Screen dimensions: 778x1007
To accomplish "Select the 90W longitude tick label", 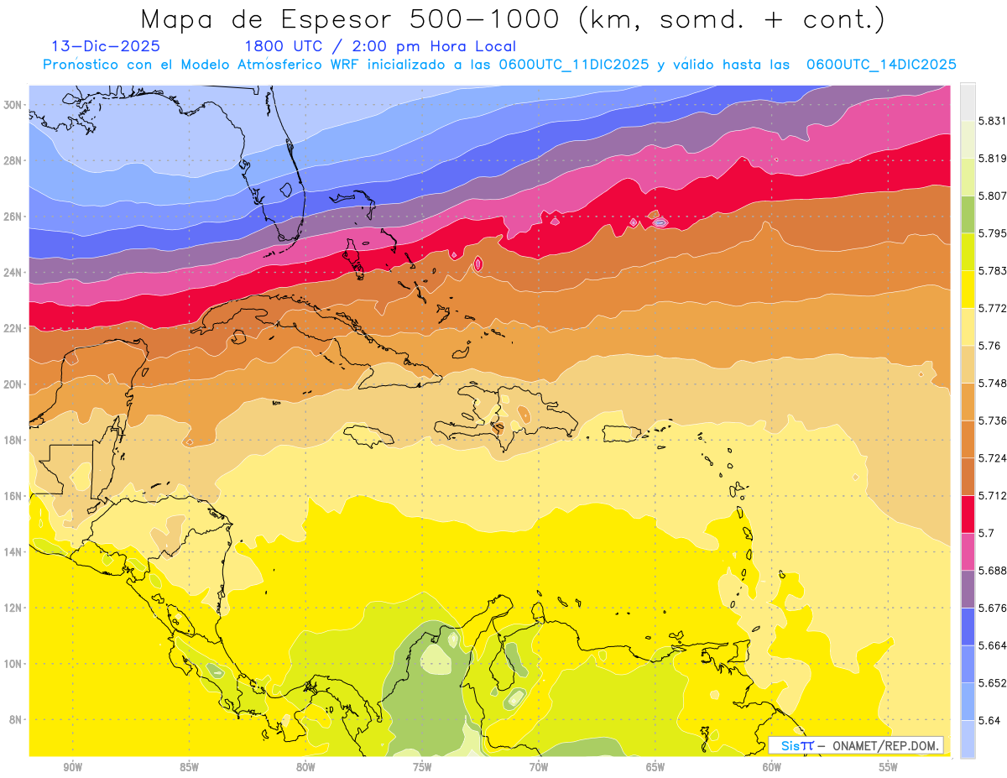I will pos(72,767).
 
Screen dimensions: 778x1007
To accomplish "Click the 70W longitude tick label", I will pos(539,767).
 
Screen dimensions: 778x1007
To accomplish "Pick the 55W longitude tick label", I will pos(889,767).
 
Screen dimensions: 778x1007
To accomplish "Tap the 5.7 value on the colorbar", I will pos(987,533).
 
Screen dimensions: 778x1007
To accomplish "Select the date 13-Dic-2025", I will pos(106,47).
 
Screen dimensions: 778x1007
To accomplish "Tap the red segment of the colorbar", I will pos(968,513).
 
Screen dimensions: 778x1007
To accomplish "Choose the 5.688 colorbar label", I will pos(994,571).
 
